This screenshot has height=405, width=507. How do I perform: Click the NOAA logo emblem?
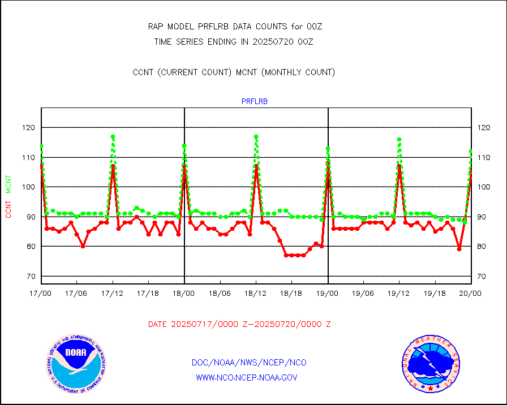coord(76,363)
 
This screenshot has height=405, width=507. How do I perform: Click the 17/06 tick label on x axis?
coord(76,294)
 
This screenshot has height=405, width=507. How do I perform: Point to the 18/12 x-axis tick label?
coord(256,294)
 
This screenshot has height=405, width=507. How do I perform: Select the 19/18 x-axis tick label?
coord(435,294)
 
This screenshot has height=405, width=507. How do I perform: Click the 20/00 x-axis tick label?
coord(470,294)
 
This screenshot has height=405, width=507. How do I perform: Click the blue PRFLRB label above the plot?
coord(255,102)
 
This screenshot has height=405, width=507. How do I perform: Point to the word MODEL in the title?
coord(181,27)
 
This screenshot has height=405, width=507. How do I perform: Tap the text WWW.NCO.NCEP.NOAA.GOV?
coord(246,377)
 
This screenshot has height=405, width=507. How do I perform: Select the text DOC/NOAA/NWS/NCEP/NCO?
coord(250,363)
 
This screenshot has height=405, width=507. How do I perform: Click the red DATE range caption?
coord(239,324)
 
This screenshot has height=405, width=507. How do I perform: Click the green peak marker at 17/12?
coord(113,137)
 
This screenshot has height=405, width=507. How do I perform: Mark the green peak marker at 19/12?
coord(399,139)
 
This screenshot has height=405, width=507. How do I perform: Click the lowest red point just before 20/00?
coord(459,249)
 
